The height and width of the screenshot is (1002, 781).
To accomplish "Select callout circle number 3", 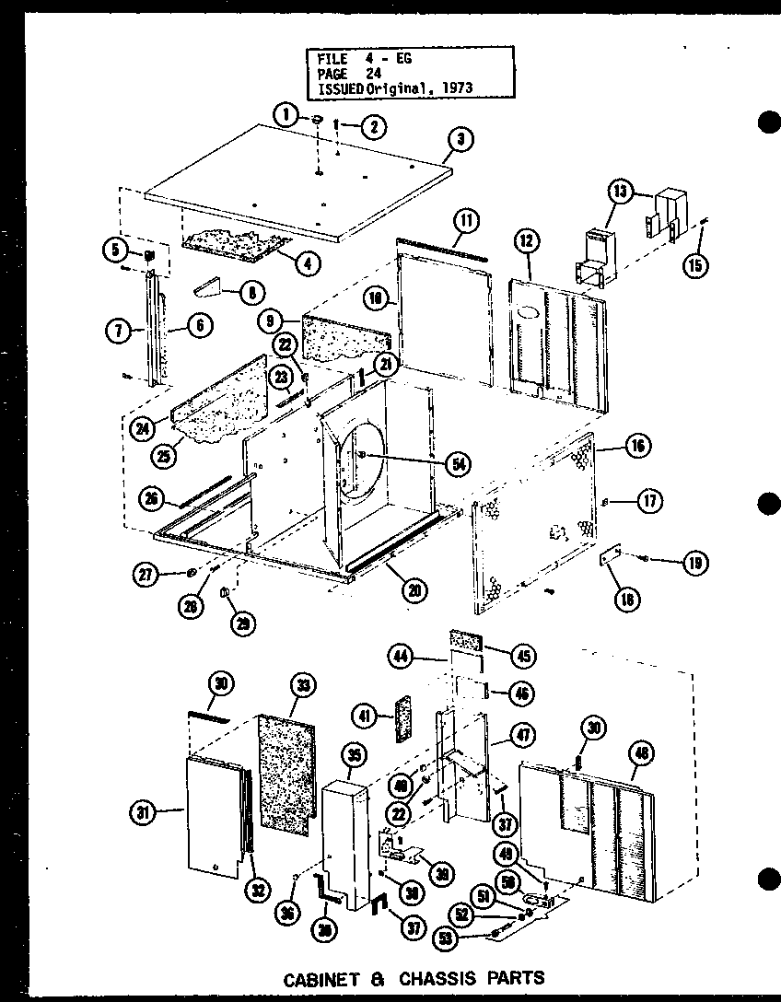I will pyautogui.click(x=460, y=140).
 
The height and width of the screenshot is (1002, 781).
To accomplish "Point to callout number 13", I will pyautogui.click(x=621, y=192).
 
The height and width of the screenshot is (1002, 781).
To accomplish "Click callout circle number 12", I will pyautogui.click(x=526, y=242).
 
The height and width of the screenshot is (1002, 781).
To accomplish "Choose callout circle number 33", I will pyautogui.click(x=301, y=685).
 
